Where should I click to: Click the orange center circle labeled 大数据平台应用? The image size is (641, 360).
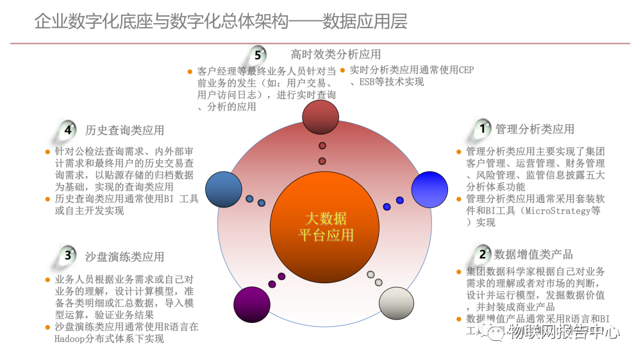pyautogui.click(x=325, y=227)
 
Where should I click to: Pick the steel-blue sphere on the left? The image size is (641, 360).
pyautogui.click(x=224, y=190)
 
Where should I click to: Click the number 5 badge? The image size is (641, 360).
pyautogui.click(x=258, y=55)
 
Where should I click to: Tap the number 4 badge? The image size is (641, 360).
pyautogui.click(x=68, y=129)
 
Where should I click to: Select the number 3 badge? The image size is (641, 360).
pyautogui.click(x=68, y=256)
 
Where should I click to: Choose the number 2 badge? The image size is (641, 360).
pyautogui.click(x=482, y=254)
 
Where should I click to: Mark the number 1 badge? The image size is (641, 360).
pyautogui.click(x=482, y=129)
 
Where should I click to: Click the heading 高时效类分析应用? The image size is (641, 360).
pyautogui.click(x=335, y=54)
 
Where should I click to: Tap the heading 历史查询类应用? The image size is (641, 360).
pyautogui.click(x=124, y=130)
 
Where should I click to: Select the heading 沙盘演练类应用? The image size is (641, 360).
pyautogui.click(x=124, y=256)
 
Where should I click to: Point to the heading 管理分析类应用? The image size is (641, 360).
pyautogui.click(x=535, y=129)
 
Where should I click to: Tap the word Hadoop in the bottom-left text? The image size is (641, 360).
pyautogui.click(x=71, y=339)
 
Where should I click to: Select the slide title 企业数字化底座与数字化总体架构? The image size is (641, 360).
pyautogui.click(x=160, y=22)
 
